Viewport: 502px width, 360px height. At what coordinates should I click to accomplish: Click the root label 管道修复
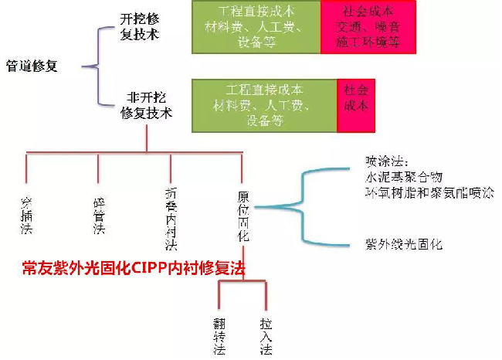click(32, 66)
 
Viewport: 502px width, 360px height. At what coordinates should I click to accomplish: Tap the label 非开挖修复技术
click(146, 105)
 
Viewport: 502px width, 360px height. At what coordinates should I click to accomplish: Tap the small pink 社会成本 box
click(354, 97)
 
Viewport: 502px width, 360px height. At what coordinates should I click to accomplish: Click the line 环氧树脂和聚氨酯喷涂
click(429, 193)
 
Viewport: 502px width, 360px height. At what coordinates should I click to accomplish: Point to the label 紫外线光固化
click(404, 245)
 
